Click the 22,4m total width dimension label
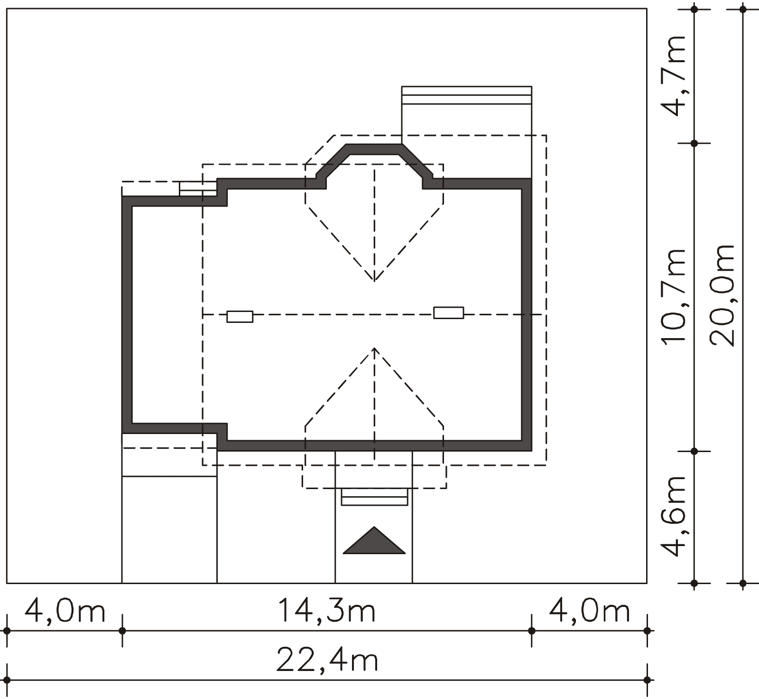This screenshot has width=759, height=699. pos(327,661)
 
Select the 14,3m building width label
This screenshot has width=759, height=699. pos(327,611)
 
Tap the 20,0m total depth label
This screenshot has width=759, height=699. pos(722,295)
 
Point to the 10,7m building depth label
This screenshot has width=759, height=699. pos(673,296)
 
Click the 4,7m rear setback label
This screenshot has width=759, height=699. pos(673,76)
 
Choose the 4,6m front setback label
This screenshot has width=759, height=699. pos(673,516)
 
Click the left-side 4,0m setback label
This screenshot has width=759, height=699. pos(65,611)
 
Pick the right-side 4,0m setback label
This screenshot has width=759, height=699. pos(589,611)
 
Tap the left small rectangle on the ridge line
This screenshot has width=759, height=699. pos(240,316)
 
